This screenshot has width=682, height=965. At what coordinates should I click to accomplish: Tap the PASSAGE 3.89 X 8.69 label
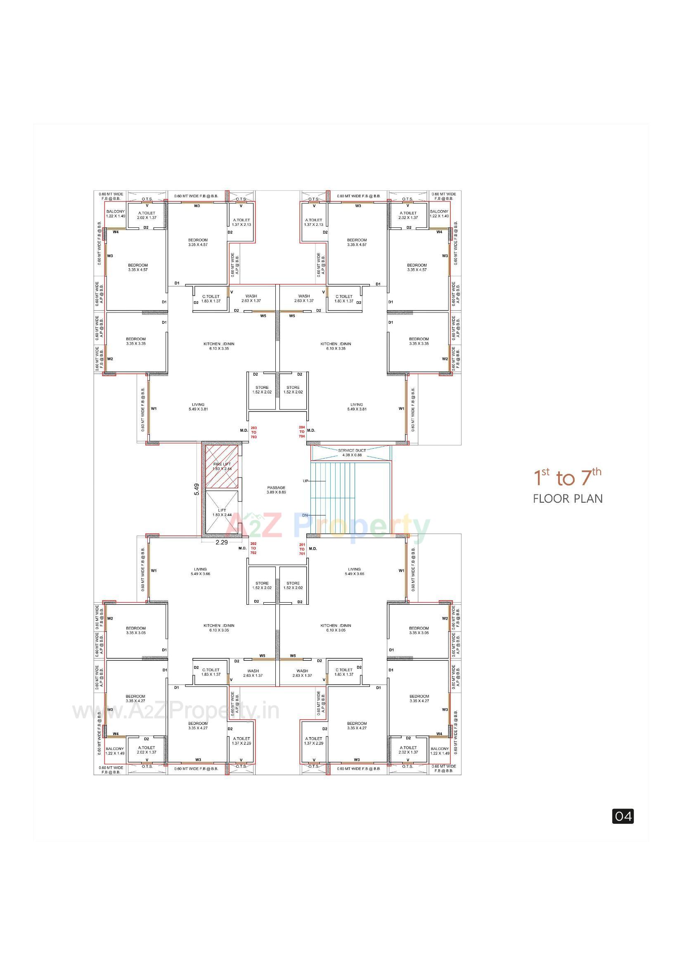(276, 490)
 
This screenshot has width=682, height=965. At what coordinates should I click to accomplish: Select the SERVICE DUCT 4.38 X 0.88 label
(352, 452)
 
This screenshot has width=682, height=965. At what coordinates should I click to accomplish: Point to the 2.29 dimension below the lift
(222, 542)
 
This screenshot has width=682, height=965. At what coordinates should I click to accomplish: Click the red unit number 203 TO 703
(253, 432)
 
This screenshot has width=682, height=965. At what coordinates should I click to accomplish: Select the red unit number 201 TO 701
(302, 549)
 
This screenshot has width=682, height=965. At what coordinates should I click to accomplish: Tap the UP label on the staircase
(305, 481)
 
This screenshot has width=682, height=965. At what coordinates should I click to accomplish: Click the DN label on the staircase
(305, 515)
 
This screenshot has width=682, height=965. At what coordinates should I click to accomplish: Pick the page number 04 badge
(623, 816)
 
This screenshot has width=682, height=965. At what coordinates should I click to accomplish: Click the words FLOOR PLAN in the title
(568, 499)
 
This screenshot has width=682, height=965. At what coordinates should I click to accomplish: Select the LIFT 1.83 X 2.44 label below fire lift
(222, 512)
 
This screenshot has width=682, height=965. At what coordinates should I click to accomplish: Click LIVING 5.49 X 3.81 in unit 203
(198, 407)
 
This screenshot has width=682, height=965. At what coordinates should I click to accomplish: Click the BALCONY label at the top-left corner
(116, 213)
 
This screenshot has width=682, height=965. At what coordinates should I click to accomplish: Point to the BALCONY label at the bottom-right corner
(440, 751)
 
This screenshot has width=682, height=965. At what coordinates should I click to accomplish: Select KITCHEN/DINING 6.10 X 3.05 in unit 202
(219, 627)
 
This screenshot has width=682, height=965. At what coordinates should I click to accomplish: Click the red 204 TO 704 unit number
(302, 432)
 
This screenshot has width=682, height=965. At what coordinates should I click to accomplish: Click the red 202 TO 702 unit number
(253, 548)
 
